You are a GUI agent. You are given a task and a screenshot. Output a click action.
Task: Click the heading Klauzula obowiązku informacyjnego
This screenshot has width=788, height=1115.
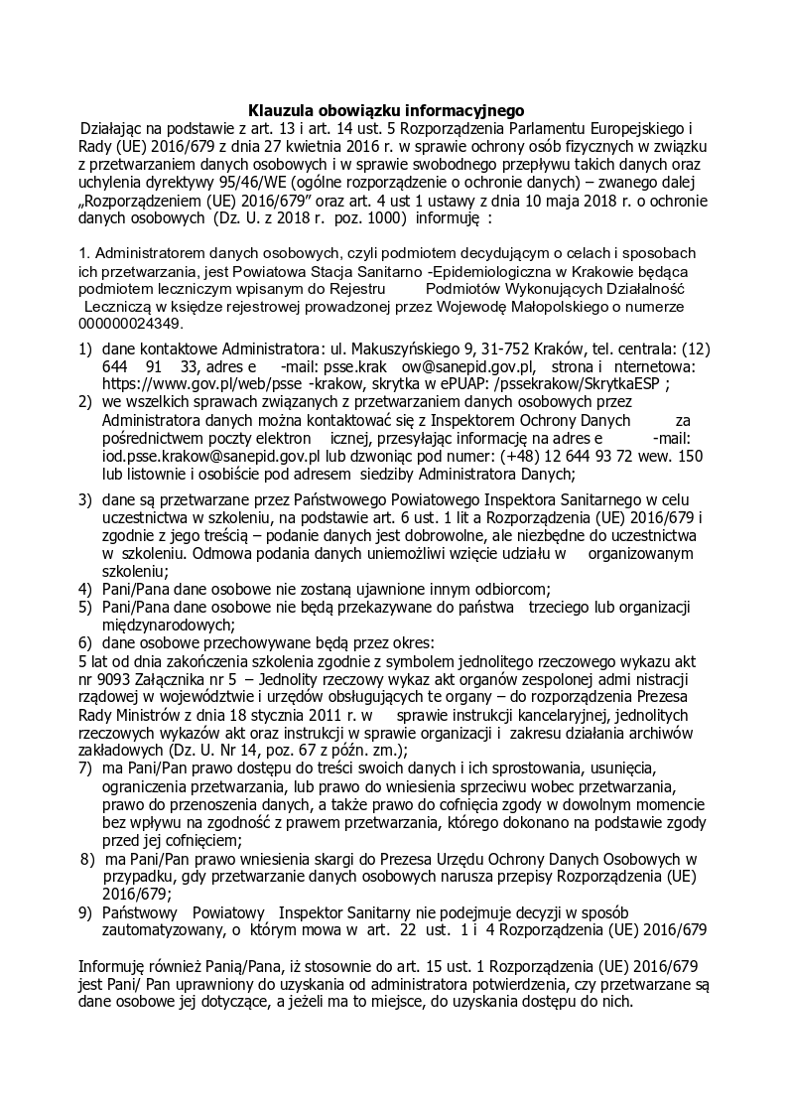(386, 110)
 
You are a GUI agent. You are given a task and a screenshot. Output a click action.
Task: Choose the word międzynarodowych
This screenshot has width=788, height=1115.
(168, 625)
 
